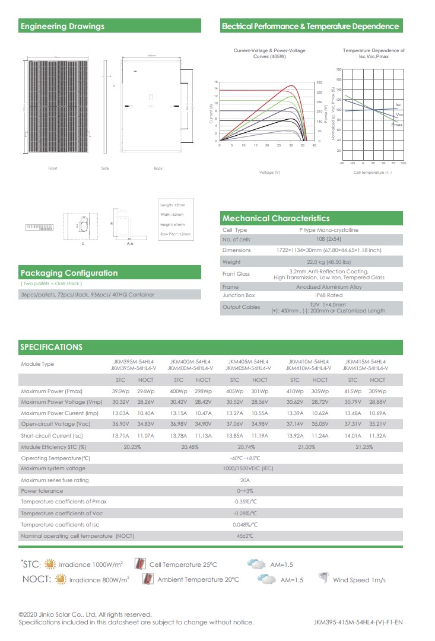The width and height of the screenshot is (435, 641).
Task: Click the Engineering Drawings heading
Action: click(x=62, y=26)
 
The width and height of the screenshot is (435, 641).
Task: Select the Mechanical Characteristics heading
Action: click(x=276, y=218)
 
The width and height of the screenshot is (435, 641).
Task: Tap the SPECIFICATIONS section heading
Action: click(x=52, y=347)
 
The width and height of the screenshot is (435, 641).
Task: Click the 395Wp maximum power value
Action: click(x=121, y=391)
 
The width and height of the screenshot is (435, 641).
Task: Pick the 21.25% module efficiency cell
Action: click(x=364, y=447)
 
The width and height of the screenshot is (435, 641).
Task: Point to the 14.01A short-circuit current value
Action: click(x=353, y=436)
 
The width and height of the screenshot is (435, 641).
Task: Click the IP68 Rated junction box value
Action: click(x=328, y=295)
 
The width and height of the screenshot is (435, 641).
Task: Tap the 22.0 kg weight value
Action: click(x=328, y=261)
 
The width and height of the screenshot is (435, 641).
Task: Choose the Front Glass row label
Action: click(x=236, y=274)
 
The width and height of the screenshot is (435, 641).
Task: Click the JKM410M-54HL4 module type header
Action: click(x=307, y=361)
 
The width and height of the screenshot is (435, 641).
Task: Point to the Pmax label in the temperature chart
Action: click(x=397, y=125)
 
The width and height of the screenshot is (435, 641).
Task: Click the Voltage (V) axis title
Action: click(x=269, y=172)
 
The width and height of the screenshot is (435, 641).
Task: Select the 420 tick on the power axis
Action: click(x=319, y=82)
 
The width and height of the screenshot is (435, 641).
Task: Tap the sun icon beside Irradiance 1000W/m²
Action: click(x=51, y=564)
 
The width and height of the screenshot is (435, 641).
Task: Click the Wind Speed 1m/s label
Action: click(x=359, y=580)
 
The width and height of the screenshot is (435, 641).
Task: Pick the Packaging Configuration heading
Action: click(x=69, y=273)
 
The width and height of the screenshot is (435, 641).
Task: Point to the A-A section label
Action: click(x=130, y=244)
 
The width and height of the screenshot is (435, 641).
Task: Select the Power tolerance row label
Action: click(x=42, y=491)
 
